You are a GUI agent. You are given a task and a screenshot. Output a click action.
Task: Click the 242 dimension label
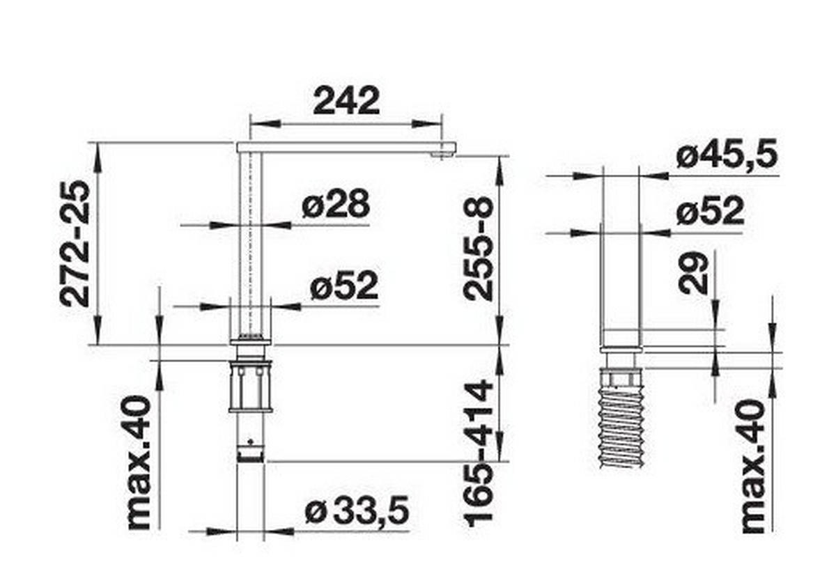[x=346, y=101]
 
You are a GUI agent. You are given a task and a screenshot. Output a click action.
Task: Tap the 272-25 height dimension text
[x=75, y=243]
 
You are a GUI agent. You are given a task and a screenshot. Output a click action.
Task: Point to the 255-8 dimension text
[x=479, y=248]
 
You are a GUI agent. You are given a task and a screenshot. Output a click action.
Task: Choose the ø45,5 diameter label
[x=727, y=156]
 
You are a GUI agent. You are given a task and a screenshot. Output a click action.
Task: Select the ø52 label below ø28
[x=343, y=286]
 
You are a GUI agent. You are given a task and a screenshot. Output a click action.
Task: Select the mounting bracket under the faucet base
[x=249, y=387]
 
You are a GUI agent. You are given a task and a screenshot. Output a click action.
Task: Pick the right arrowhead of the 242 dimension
[x=436, y=124]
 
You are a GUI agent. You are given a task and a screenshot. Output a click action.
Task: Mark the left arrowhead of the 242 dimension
[x=256, y=124]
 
